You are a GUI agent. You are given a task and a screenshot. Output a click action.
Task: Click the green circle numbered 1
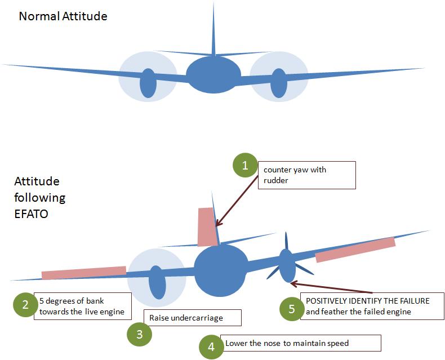tap(244, 166)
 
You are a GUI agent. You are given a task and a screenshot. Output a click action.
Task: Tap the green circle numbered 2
tap(25, 305)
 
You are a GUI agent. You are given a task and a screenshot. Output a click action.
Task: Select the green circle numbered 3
tap(140, 335)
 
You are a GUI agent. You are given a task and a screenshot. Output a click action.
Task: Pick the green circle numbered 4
tap(211, 346)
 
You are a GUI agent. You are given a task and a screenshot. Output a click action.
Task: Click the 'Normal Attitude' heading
tap(63, 16)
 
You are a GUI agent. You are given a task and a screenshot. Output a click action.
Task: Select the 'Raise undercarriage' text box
tap(192, 318)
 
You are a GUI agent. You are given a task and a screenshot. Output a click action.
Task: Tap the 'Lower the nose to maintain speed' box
tap(302, 343)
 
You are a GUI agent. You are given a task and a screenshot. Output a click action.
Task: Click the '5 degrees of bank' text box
tap(82, 306)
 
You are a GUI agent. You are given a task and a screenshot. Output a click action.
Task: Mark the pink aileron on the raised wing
tap(355, 250)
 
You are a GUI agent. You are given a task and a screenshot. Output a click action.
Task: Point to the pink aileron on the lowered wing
tap(83, 272)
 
